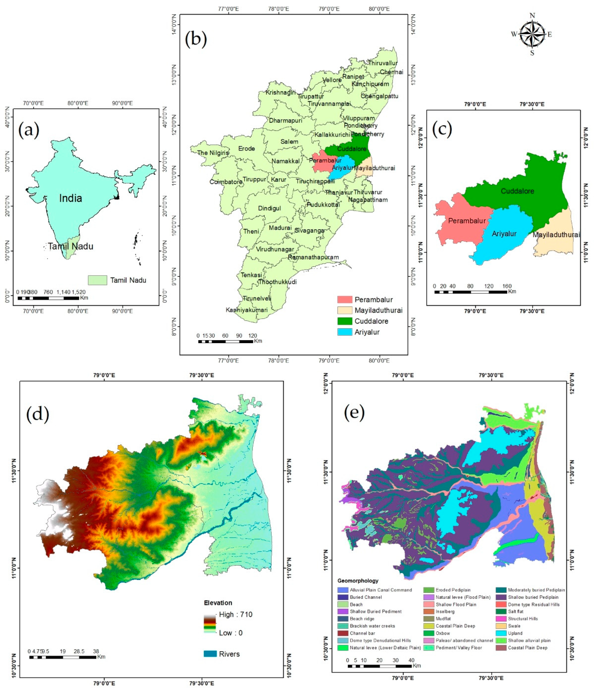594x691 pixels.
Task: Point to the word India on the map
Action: click(x=70, y=198)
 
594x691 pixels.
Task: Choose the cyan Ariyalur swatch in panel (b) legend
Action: click(x=345, y=332)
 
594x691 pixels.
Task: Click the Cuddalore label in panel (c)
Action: click(x=517, y=191)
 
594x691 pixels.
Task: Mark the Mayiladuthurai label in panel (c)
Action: click(x=556, y=235)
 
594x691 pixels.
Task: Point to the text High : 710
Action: click(x=236, y=614)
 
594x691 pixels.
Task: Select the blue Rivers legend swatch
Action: click(x=210, y=654)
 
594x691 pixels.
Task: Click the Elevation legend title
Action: click(x=218, y=603)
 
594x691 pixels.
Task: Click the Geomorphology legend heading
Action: click(x=358, y=581)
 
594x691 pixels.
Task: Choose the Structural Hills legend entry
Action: click(x=523, y=619)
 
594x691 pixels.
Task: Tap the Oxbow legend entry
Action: click(x=443, y=633)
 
